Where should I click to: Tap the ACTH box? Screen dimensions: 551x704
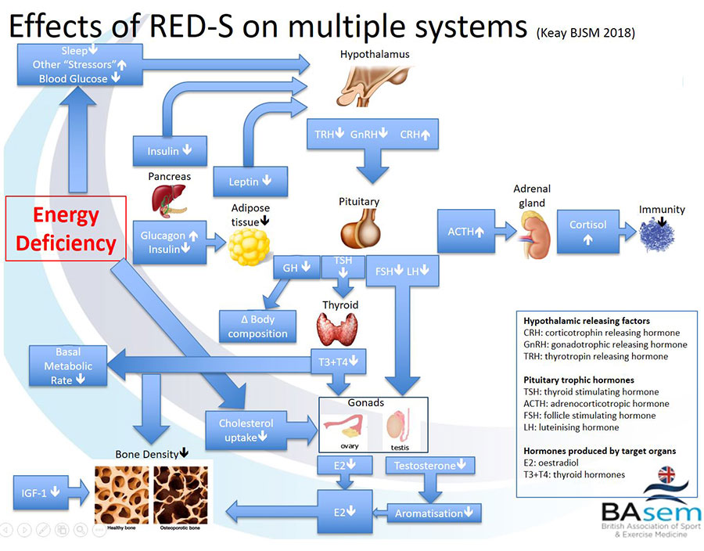(x=466, y=231)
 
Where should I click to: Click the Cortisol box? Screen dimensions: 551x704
(x=588, y=231)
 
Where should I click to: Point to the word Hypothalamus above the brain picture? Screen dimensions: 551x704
(x=375, y=56)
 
